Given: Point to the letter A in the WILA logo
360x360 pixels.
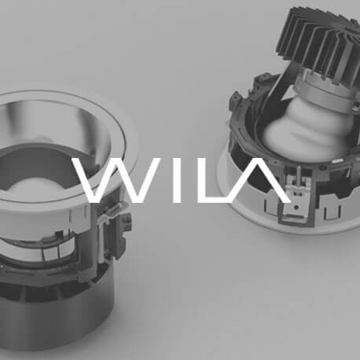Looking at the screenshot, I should [x=259, y=181].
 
